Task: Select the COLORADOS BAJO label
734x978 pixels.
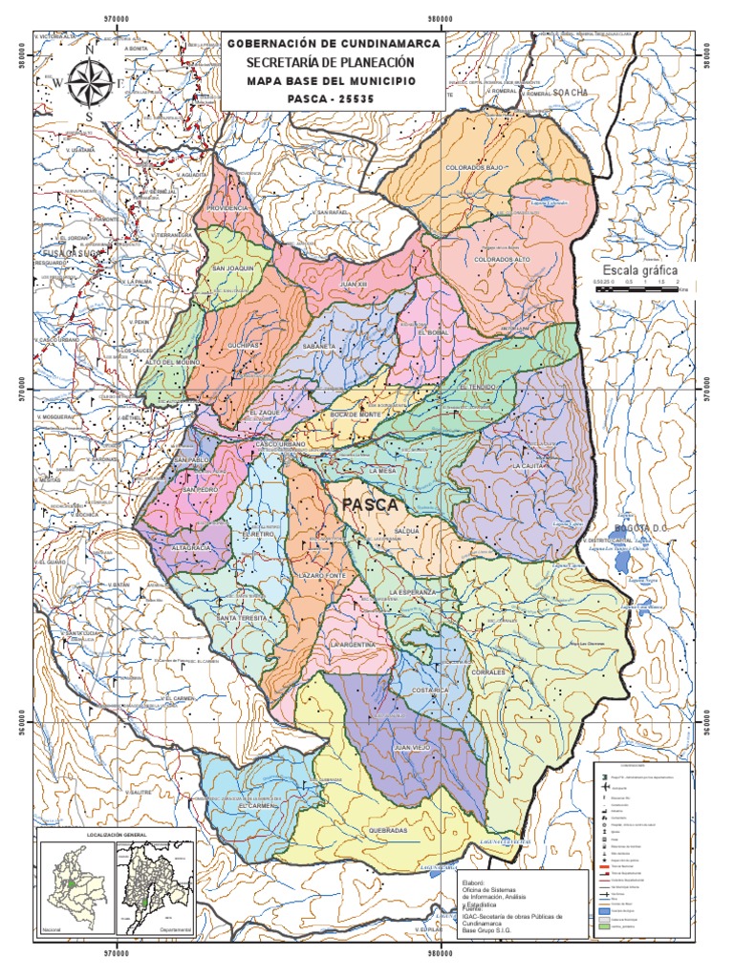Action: pos(474,167)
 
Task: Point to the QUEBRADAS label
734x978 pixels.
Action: pos(387,831)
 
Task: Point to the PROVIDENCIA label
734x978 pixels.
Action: pos(228,207)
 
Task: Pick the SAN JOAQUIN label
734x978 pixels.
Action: pos(232,268)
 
